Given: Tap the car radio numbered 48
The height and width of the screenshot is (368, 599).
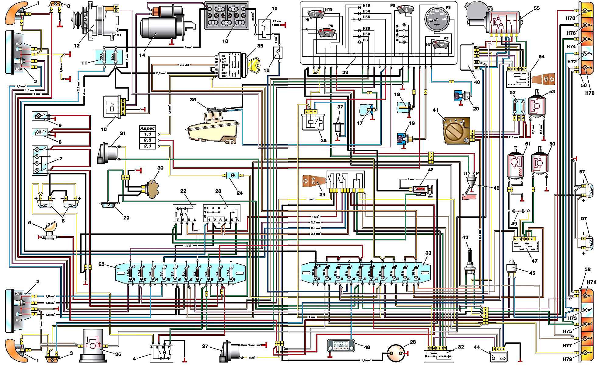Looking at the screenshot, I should [x=341, y=345].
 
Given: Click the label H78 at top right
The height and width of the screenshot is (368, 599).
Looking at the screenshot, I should [x=571, y=18].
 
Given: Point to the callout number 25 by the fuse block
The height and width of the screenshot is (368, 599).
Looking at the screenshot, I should [x=101, y=264].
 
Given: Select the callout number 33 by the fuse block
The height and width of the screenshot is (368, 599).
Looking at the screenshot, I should [x=428, y=253].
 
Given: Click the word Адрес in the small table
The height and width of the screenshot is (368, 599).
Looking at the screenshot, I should [x=148, y=128].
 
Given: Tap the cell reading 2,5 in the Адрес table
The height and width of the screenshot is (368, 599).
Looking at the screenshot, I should [x=148, y=140].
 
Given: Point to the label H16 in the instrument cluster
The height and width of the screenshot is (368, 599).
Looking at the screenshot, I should [x=366, y=5].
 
